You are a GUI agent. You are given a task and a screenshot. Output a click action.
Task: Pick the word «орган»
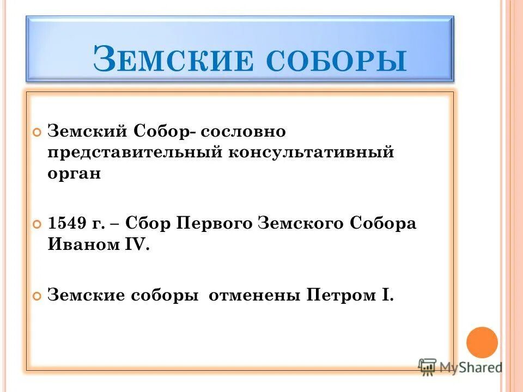[x=75, y=175]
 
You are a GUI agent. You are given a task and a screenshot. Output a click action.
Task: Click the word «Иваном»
[x=82, y=245]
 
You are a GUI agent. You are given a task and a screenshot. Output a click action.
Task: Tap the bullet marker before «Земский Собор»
[x=37, y=132]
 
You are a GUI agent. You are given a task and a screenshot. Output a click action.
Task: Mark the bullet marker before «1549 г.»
[x=37, y=225]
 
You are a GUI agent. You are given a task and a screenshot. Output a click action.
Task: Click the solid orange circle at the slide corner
[x=483, y=342]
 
